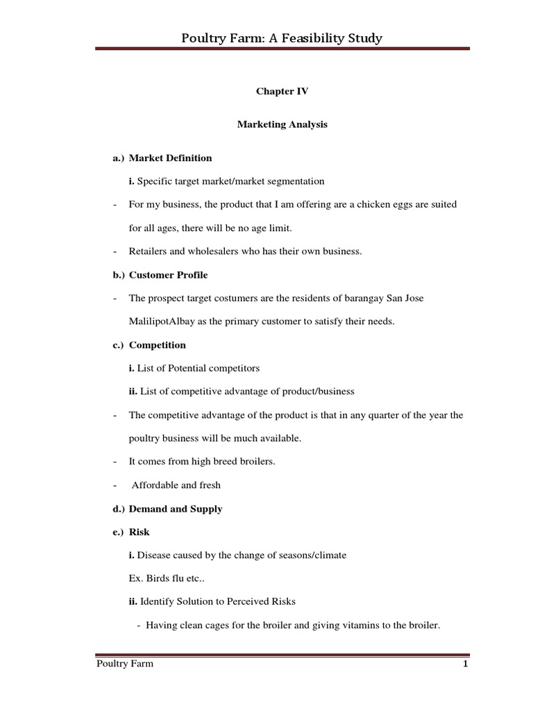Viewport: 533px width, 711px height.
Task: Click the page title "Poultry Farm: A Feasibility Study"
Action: click(x=281, y=38)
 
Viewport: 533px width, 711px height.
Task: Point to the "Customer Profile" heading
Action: click(x=168, y=275)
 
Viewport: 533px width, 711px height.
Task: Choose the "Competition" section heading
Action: click(x=158, y=344)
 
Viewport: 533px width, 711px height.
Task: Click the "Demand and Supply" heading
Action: click(x=176, y=509)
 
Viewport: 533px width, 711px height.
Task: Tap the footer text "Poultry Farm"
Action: click(x=125, y=664)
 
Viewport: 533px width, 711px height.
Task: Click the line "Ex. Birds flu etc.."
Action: click(x=162, y=578)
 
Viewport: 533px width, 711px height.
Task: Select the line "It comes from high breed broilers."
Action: click(x=202, y=462)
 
